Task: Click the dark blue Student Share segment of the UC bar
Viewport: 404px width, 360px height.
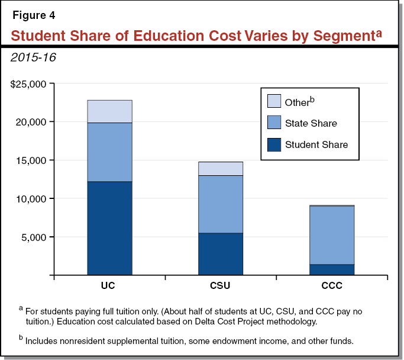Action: pyautogui.click(x=109, y=228)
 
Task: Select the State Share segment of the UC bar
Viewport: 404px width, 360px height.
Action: pyautogui.click(x=109, y=152)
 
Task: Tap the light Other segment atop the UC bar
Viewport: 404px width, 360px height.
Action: pyautogui.click(x=109, y=111)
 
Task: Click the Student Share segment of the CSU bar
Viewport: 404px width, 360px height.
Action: pyautogui.click(x=220, y=254)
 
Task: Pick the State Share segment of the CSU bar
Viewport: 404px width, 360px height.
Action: pyautogui.click(x=220, y=204)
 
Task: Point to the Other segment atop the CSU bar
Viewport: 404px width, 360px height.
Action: pyautogui.click(x=220, y=169)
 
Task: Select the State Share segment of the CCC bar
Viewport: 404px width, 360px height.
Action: pyautogui.click(x=332, y=235)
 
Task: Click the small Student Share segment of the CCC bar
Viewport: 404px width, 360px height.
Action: pyautogui.click(x=332, y=270)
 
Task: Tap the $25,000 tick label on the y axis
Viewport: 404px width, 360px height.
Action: pyautogui.click(x=28, y=84)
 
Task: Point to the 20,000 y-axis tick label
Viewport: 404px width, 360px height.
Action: pyautogui.click(x=31, y=122)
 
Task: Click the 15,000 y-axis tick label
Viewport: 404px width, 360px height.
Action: pyautogui.click(x=31, y=160)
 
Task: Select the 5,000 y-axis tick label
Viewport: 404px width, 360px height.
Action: pyautogui.click(x=34, y=237)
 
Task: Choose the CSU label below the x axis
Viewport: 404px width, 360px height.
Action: pyautogui.click(x=220, y=286)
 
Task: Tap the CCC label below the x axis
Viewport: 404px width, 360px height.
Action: pyautogui.click(x=332, y=286)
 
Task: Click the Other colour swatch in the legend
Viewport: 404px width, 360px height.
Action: pyautogui.click(x=273, y=101)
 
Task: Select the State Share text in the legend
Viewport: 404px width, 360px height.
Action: pyautogui.click(x=311, y=123)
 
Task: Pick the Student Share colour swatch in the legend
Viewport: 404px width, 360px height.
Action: pyautogui.click(x=273, y=144)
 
